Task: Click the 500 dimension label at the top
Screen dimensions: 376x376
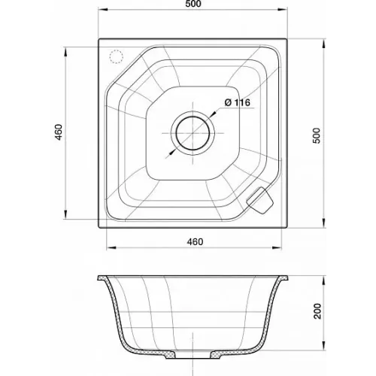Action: tap(194, 4)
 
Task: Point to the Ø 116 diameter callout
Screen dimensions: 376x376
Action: tap(238, 102)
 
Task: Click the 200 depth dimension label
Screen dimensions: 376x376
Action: tap(317, 311)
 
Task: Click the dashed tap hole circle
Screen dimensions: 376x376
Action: tap(116, 56)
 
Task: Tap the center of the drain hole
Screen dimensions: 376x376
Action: tap(193, 133)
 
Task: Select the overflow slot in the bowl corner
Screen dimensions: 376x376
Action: tap(259, 201)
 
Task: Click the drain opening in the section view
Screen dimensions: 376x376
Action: tap(193, 355)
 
